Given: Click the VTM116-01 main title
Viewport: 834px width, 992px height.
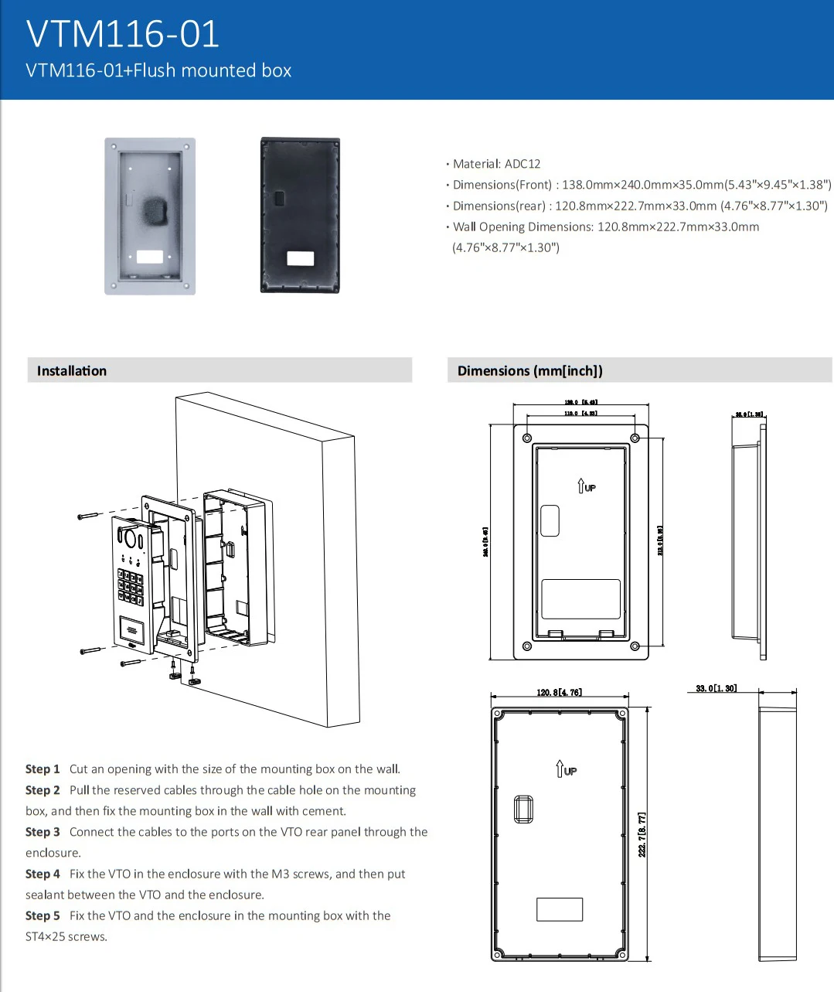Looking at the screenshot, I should tap(123, 33).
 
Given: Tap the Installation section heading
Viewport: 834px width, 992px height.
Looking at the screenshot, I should tap(72, 370).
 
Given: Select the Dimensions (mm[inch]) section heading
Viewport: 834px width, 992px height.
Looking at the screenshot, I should tap(530, 370).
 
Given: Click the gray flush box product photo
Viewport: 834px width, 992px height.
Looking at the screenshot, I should tap(150, 216).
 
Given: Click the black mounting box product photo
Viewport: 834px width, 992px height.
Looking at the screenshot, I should tap(300, 215).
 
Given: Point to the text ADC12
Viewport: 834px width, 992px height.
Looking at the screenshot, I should tap(523, 164).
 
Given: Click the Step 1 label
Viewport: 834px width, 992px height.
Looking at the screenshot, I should tap(43, 769).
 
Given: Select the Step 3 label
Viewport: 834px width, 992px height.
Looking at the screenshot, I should tap(43, 832).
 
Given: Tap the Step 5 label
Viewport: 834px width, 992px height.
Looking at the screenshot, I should tap(43, 915).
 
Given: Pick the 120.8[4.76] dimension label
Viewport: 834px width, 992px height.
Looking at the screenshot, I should tap(559, 692).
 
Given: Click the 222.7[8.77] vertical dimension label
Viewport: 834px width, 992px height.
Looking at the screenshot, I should tap(642, 833).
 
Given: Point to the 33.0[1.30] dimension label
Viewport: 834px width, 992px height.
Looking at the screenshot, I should tap(716, 688).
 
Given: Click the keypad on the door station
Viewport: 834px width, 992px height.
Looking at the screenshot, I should tap(130, 588).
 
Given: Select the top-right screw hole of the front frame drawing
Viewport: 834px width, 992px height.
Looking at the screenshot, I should tap(635, 438).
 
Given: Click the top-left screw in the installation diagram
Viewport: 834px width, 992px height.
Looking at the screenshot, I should tap(88, 515).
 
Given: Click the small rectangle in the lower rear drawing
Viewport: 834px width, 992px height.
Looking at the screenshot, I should tap(560, 909).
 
